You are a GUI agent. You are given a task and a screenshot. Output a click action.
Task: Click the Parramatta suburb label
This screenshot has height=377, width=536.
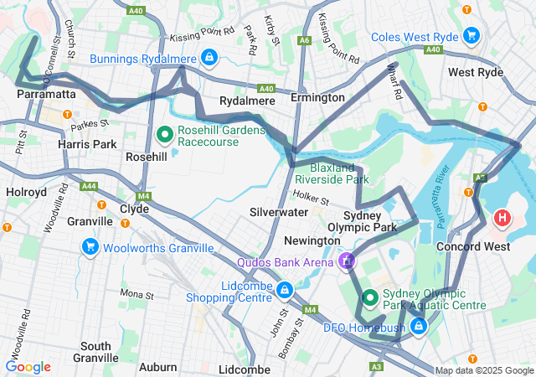pyautogui.click(x=46, y=95)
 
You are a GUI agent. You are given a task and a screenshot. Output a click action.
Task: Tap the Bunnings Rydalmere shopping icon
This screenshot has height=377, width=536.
pyautogui.click(x=208, y=58)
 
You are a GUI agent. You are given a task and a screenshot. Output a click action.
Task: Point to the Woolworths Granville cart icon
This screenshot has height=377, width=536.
pyautogui.click(x=90, y=246)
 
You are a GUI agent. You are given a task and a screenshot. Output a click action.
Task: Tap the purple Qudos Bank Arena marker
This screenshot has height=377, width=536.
pyautogui.click(x=345, y=261)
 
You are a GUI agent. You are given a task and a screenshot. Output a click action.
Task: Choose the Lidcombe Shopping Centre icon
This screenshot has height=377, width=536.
pyautogui.click(x=285, y=290)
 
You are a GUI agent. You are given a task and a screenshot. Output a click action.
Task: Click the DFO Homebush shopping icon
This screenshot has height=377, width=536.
pyautogui.click(x=417, y=326)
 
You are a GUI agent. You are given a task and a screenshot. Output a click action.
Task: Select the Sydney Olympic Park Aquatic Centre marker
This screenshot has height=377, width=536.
pyautogui.click(x=370, y=297)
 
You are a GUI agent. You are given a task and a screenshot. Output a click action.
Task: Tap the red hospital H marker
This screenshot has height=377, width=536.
pyautogui.click(x=502, y=219)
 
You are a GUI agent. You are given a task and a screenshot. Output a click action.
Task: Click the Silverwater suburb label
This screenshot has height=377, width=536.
pyautogui.click(x=278, y=214)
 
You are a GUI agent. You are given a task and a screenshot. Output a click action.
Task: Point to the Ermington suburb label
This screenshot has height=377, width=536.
pyautogui.click(x=317, y=98)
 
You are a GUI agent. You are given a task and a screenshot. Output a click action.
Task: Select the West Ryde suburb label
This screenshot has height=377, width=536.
pyautogui.click(x=475, y=73)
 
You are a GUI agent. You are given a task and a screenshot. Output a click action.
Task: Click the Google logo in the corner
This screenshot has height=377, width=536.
pyautogui.click(x=28, y=367)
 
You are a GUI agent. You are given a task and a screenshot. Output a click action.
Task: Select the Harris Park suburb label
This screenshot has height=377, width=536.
pyautogui.click(x=87, y=144)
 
